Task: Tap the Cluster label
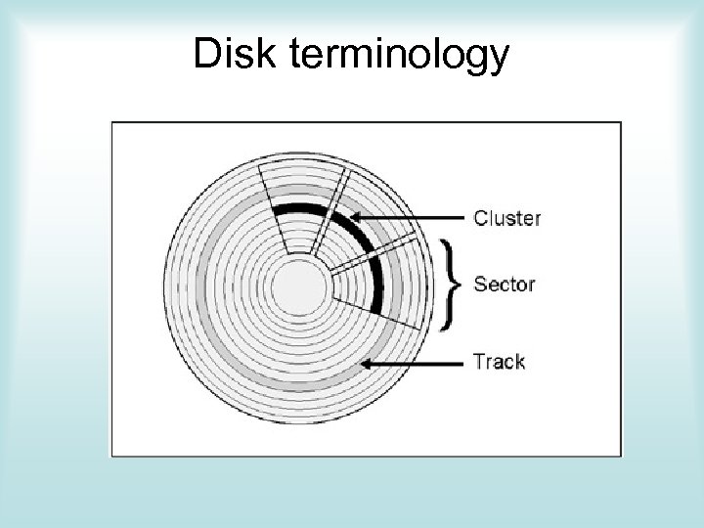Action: [506, 218]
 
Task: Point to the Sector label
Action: [504, 285]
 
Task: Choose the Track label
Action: [499, 361]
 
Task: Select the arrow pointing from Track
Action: [411, 363]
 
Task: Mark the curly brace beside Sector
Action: [452, 284]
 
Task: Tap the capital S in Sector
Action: [480, 285]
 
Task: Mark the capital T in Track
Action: [479, 361]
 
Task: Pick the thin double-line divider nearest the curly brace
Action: [376, 252]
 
